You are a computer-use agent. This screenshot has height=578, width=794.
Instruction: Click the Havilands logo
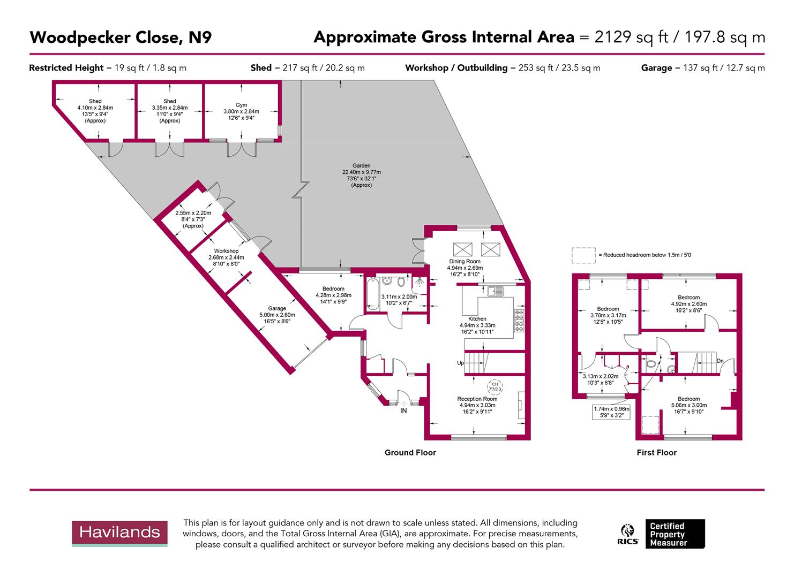(120, 533)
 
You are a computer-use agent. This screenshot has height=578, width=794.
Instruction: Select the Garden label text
(361, 176)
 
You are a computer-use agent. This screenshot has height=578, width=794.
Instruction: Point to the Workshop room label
(226, 257)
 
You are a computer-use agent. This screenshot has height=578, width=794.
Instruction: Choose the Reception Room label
(477, 405)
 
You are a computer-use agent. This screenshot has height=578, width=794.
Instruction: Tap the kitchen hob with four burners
(519, 321)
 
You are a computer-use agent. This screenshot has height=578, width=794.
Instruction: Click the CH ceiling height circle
(495, 386)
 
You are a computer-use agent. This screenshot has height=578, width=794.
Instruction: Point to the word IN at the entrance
(404, 411)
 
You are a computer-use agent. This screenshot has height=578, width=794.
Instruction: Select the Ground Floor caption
(410, 453)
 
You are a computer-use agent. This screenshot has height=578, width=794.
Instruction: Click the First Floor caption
(656, 453)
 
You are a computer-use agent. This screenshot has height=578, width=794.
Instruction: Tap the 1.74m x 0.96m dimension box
(611, 412)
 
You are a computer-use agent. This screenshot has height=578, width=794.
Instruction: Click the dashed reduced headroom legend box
(583, 255)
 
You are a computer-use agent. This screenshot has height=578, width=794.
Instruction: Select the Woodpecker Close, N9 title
(121, 37)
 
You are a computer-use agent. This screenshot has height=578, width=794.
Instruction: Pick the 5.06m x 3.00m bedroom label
(688, 405)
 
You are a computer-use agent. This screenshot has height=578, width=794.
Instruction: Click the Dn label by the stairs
(721, 361)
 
